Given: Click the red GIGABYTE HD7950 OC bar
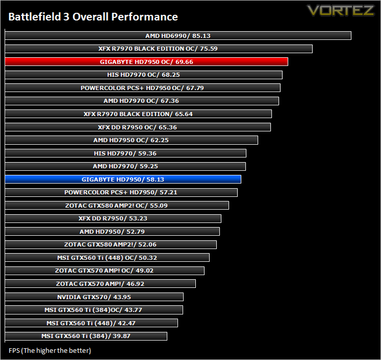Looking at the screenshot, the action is coord(147,62).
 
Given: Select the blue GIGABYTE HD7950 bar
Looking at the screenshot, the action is coord(123,179).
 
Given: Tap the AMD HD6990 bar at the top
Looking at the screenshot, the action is coord(178,35).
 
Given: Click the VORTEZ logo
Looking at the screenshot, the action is coord(341,10).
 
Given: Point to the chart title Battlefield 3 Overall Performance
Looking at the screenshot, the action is coord(93,17).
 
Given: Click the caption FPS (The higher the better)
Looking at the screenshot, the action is coord(50,350).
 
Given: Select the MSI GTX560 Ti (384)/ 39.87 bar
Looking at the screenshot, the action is coord(86,336).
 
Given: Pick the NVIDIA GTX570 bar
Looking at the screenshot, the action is coord(94,297).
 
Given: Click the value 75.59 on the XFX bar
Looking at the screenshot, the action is coord(209,49).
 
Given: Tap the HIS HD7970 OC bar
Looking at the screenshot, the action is coord(144,75).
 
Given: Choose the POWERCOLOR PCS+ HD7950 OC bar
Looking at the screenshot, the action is coord(143,87).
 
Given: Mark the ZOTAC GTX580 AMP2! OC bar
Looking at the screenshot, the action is coord(117,205).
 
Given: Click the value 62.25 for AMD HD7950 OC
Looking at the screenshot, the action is coord(160,140).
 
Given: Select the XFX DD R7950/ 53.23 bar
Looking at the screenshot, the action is coord(113,218).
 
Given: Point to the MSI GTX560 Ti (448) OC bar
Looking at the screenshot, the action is coord(107,258).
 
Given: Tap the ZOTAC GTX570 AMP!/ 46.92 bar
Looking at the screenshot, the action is coord(100,284).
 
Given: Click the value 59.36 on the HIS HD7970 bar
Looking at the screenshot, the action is coord(147,153).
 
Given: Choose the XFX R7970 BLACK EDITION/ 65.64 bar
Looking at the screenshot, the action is coord(138,114).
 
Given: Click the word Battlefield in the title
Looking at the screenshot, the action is coord(35,17).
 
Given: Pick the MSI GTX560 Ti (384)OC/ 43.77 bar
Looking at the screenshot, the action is coord(94,310).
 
